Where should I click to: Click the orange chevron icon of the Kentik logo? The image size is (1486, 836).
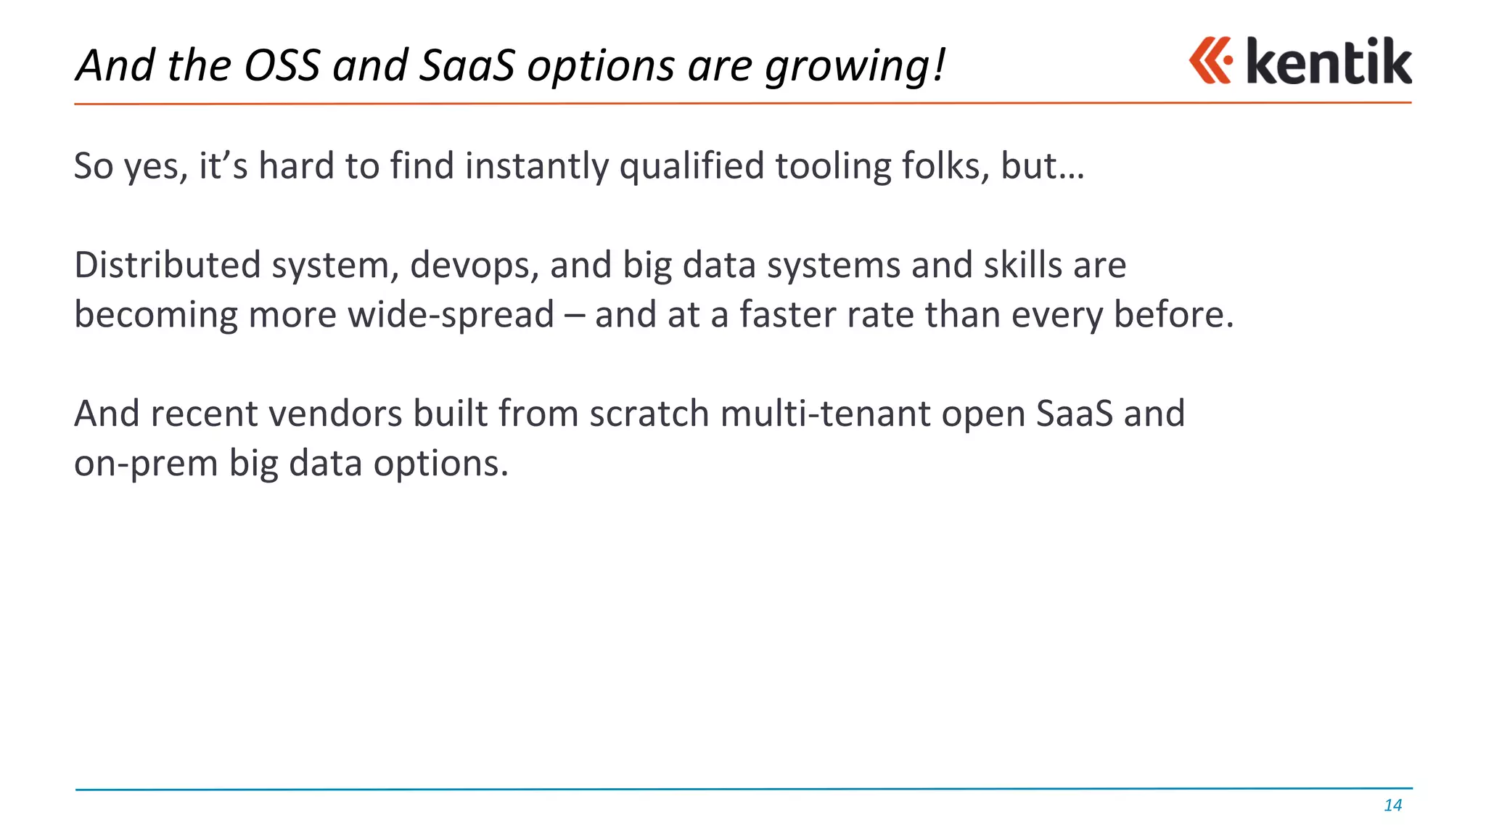tap(1210, 61)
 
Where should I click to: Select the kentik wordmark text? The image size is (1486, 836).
tap(1329, 62)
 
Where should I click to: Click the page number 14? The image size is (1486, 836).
tap(1392, 806)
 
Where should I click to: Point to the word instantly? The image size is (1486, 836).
tap(536, 166)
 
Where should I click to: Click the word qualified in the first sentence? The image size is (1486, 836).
tap(691, 166)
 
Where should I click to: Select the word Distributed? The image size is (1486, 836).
tap(167, 265)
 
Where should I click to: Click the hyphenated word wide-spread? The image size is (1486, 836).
tap(451, 316)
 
